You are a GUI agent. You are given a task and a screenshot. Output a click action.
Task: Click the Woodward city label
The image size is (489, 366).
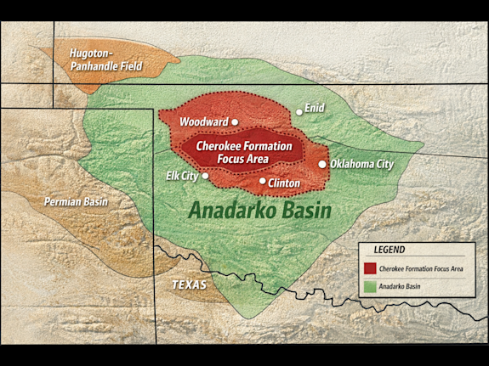[x=204, y=122]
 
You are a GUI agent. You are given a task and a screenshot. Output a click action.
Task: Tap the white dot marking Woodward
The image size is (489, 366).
[x=235, y=122]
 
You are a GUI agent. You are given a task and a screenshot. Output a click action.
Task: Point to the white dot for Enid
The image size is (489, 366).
[x=299, y=111]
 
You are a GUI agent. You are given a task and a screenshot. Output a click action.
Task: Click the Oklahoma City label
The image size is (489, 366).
[x=362, y=164]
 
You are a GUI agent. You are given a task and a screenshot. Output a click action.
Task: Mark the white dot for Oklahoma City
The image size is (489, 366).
[x=322, y=164]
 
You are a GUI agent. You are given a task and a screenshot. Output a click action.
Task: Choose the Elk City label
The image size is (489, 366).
[x=182, y=176]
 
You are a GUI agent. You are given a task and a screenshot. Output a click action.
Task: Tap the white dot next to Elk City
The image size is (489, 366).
[x=205, y=177]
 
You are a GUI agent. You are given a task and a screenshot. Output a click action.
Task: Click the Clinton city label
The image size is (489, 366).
[x=283, y=182]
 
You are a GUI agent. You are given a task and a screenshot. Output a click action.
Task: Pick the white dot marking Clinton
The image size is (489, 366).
[x=262, y=180]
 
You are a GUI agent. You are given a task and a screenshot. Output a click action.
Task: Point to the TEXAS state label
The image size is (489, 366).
[x=189, y=284]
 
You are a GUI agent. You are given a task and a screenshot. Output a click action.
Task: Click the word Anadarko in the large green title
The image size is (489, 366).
[x=233, y=211]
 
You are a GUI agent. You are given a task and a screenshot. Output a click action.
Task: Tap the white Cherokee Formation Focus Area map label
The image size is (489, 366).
[x=244, y=152]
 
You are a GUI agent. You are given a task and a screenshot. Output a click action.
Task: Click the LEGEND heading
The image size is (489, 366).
[x=389, y=250]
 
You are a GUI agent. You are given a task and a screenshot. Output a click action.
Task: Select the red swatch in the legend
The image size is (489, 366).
[x=370, y=268]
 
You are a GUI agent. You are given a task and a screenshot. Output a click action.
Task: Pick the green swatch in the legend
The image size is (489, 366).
[x=370, y=287]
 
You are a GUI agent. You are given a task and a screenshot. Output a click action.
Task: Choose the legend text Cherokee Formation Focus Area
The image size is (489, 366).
[x=423, y=268]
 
